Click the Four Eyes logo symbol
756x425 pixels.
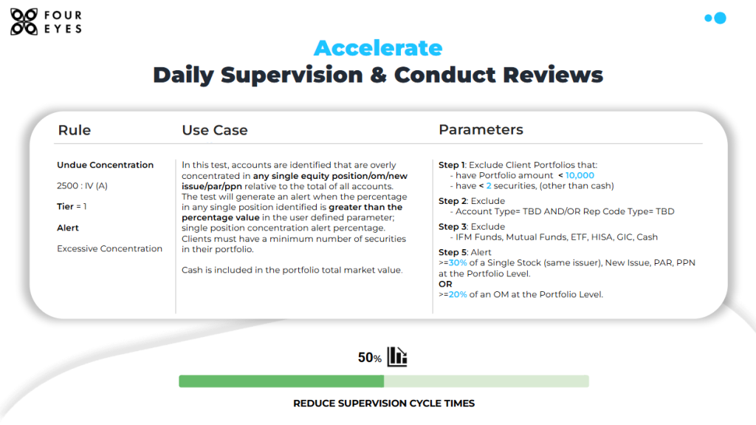(x=24, y=21)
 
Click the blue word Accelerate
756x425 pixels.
(x=378, y=48)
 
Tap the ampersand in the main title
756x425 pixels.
(x=379, y=75)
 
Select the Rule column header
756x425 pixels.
(x=75, y=130)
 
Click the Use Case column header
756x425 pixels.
(x=215, y=130)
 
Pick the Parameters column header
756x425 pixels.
(x=481, y=129)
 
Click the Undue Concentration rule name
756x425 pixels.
(x=105, y=165)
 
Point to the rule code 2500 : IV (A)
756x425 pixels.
(x=82, y=186)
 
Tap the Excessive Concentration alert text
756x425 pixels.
(x=109, y=248)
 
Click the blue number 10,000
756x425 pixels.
(x=580, y=175)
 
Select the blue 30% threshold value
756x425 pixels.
(x=458, y=262)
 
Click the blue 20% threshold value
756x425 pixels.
(x=458, y=294)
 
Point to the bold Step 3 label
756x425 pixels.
(x=453, y=226)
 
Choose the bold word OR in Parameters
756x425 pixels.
(x=445, y=284)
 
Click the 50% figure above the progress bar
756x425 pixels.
(x=369, y=358)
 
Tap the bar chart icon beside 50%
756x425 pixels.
(x=397, y=356)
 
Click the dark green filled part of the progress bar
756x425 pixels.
(x=281, y=381)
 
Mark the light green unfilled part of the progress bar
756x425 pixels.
(x=487, y=381)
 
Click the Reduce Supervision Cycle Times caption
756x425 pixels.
(x=384, y=404)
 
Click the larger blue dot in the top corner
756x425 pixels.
(x=720, y=18)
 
